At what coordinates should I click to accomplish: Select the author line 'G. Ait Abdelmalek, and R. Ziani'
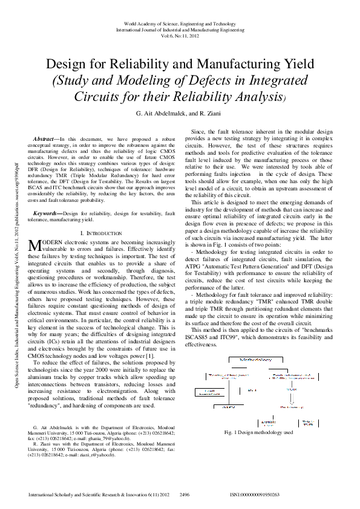click(180, 113)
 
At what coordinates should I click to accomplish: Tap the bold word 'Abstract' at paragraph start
click(47, 140)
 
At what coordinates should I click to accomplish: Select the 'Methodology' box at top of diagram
click(255, 360)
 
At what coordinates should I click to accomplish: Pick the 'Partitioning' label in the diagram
click(292, 407)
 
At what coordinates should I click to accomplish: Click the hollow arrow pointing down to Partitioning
click(292, 399)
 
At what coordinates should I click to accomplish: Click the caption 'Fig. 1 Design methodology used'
click(258, 432)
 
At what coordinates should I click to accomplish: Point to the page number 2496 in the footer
click(185, 494)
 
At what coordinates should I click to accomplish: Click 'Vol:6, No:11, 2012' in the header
click(180, 36)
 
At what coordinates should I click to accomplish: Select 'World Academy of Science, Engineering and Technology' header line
click(180, 23)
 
